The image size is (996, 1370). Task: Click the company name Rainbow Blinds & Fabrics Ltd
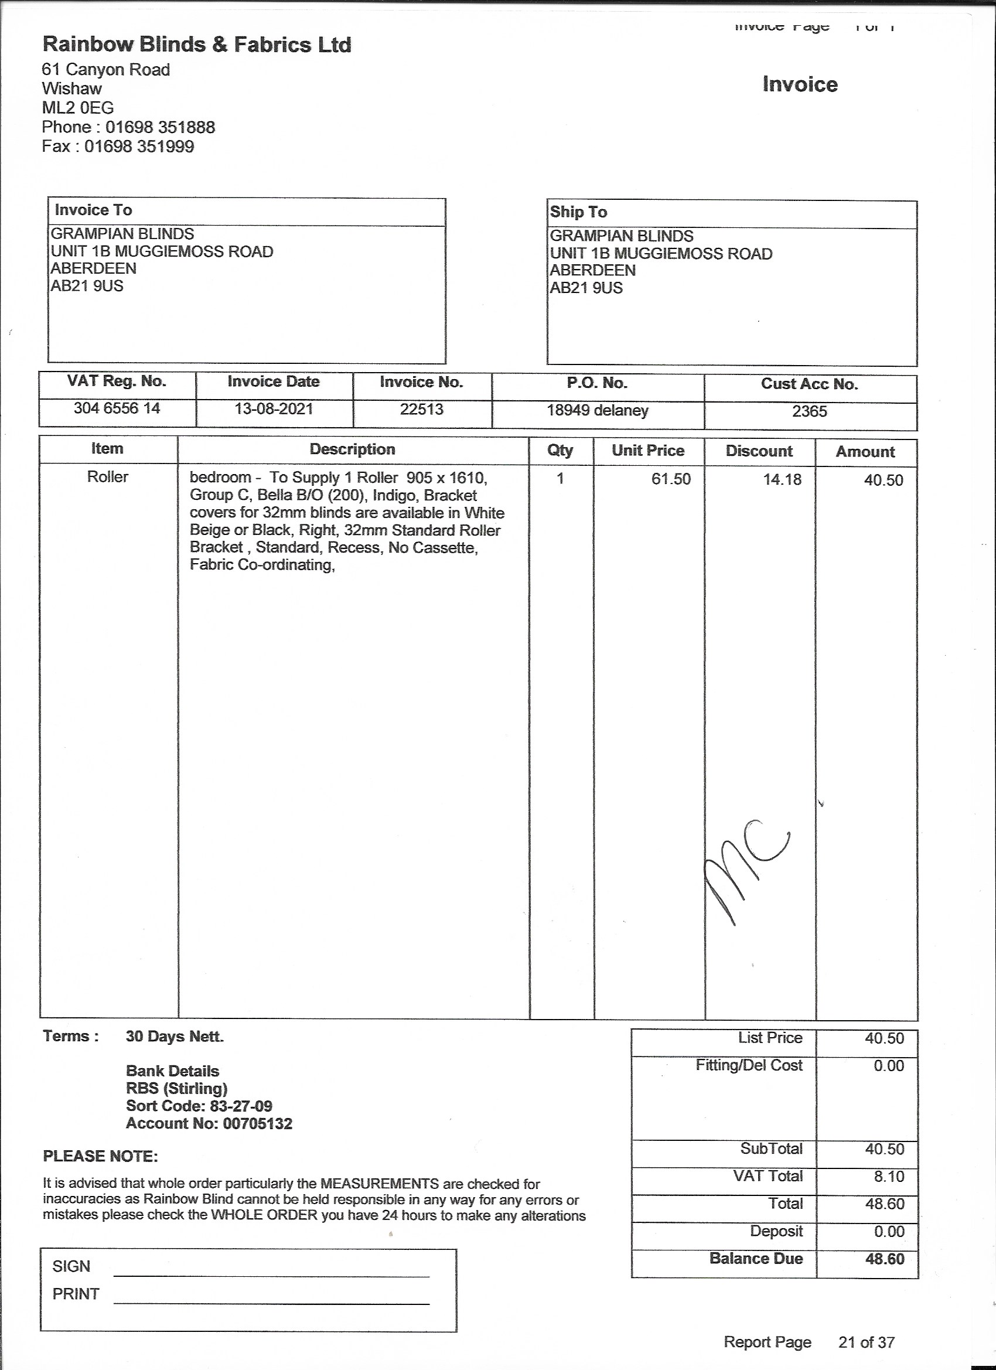click(196, 45)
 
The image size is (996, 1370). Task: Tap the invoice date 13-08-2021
click(274, 409)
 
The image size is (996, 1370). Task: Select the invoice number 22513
click(422, 410)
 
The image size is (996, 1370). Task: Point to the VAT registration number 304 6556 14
click(117, 408)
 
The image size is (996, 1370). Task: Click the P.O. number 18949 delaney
click(598, 411)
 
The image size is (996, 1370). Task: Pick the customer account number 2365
click(809, 411)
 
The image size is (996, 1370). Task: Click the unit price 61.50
click(670, 480)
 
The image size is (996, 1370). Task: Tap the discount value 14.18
click(782, 480)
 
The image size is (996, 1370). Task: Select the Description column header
click(352, 449)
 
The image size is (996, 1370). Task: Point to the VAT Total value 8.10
click(888, 1176)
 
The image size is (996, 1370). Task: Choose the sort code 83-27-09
click(241, 1106)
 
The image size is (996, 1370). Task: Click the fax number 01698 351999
click(139, 146)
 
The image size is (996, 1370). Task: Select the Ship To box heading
click(578, 212)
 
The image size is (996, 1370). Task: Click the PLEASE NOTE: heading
click(100, 1157)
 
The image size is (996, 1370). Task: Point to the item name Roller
click(108, 477)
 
